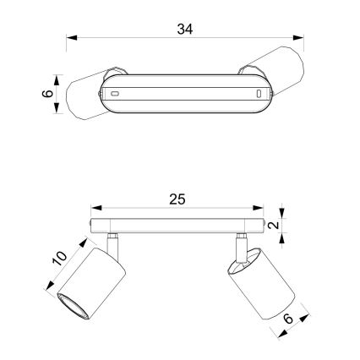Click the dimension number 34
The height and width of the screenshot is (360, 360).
tap(185, 29)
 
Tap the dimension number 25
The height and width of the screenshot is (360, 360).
tap(177, 199)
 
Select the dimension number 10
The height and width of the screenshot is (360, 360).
tap(60, 259)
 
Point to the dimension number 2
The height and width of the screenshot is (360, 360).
tap(274, 225)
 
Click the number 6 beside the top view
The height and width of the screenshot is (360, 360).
tap(47, 93)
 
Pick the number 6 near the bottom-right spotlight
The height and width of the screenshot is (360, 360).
tap(288, 319)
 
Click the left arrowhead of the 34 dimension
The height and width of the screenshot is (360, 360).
tap(72, 37)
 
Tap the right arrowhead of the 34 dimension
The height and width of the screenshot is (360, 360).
tap(298, 37)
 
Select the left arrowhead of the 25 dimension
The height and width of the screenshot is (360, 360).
tap(96, 208)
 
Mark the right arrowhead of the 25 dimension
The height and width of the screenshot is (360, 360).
tap(258, 208)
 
